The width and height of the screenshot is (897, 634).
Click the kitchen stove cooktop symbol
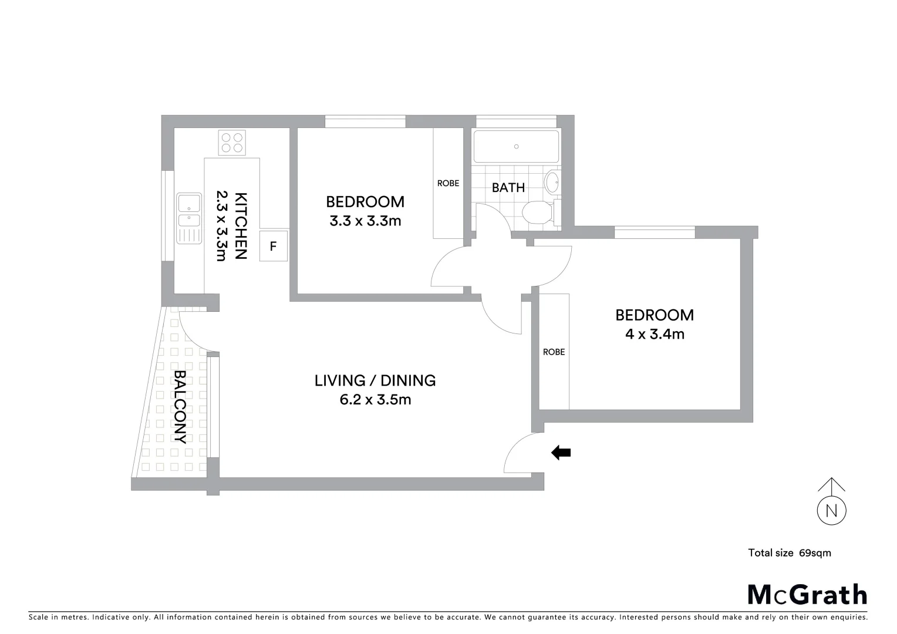232,143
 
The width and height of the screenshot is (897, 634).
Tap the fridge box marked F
273,247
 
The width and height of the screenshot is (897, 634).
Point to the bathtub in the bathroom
516,147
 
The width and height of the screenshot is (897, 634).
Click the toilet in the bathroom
538,213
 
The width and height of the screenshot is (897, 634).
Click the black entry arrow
561,453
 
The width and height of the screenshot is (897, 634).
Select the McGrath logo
807,594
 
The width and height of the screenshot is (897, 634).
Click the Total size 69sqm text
789,553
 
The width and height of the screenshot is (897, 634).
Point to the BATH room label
508,188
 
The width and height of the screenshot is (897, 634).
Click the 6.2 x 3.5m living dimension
375,400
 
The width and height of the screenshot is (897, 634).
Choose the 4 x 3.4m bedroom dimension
655,335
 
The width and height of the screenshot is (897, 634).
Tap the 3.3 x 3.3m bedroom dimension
365,221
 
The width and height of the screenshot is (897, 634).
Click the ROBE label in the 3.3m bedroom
448,183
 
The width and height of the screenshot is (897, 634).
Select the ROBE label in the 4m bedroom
554,352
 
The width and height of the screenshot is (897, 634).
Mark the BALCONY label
181,406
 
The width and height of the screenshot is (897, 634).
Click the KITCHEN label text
241,225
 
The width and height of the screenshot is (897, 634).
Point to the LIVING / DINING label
375,380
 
